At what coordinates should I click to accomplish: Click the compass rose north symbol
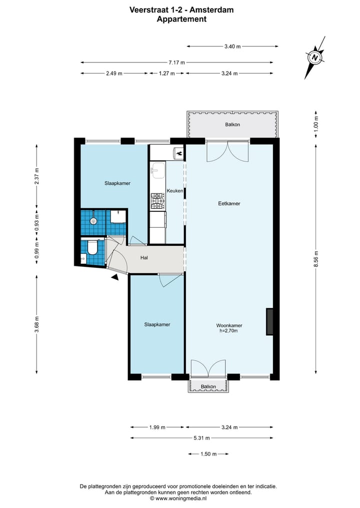(314, 57)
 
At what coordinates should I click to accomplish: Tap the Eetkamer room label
(229, 203)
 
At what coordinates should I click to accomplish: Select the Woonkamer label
(229, 325)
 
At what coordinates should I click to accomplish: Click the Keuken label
(175, 191)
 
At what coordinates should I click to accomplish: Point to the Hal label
(144, 258)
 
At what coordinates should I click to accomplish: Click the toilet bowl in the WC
(92, 248)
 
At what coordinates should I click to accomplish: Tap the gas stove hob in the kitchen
(157, 201)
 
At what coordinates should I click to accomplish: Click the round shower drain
(93, 221)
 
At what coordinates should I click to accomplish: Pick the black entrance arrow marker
(115, 277)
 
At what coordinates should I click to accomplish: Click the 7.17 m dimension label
(177, 62)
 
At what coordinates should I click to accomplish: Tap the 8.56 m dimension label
(316, 259)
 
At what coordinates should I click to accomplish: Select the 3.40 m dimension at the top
(232, 46)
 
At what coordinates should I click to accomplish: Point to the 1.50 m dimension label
(208, 454)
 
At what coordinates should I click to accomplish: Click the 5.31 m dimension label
(201, 438)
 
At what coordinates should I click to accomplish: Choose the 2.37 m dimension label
(36, 176)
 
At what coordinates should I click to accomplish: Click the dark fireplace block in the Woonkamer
(269, 321)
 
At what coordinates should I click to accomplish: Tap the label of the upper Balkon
(232, 124)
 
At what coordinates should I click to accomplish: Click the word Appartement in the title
(181, 19)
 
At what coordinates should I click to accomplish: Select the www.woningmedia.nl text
(181, 499)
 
